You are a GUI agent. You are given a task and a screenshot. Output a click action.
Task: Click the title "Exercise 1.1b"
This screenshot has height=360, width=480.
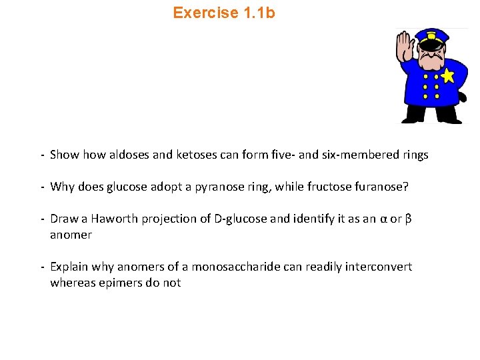pos(223,13)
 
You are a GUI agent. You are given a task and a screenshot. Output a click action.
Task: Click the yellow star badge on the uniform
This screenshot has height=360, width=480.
pos(447,75)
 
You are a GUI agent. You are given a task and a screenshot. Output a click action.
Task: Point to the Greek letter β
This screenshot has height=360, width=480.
pos(409,219)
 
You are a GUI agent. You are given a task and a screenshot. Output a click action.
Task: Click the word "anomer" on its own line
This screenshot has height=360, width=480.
pos(71,235)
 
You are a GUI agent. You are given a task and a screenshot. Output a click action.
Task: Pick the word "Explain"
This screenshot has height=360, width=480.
pos(69,267)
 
